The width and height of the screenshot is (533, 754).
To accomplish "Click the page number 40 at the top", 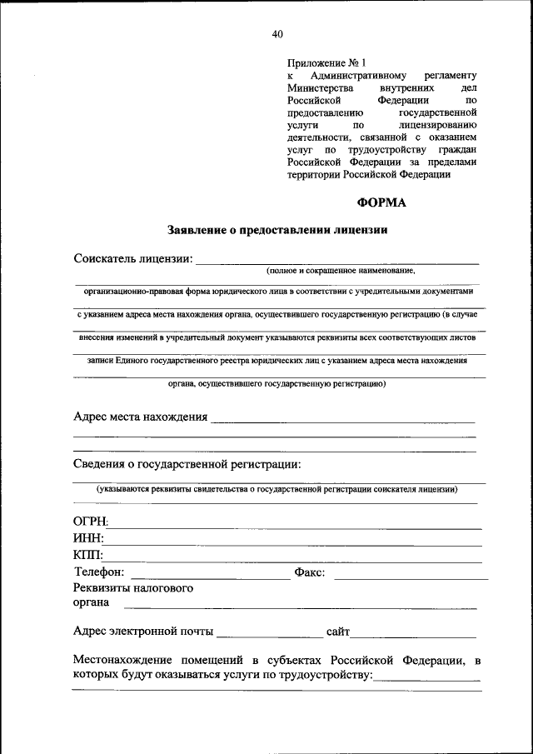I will [277, 34].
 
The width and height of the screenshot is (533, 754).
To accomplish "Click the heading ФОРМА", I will [382, 201].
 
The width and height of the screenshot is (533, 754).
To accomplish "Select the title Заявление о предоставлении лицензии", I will [278, 229].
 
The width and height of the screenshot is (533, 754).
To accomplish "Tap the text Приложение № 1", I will [326, 62].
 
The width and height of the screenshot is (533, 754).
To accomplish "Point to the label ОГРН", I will [91, 522].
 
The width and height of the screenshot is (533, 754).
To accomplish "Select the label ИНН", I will [88, 539].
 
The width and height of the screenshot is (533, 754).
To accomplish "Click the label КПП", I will [88, 556].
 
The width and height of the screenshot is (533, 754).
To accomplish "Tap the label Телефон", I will [99, 572].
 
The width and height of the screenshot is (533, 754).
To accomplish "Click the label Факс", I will [309, 573].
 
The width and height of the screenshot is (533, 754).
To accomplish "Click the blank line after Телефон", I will [210, 577].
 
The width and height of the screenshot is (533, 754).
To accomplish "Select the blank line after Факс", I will [411, 577].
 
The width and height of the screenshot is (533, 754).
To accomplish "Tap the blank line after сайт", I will [416, 635].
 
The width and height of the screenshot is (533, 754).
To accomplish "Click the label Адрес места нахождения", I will [140, 417].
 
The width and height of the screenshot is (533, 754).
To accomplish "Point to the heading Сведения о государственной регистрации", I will [187, 463].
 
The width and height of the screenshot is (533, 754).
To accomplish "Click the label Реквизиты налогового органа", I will [133, 596].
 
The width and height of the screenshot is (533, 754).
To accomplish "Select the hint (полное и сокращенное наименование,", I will [341, 271].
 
